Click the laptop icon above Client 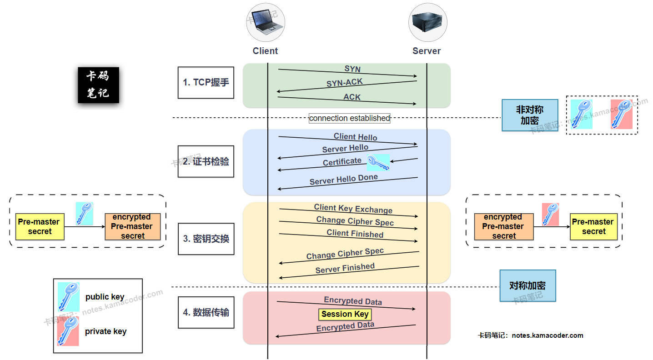[x=266, y=22]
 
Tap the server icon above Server [x=427, y=22]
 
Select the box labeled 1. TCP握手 [x=206, y=82]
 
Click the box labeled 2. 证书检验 [x=206, y=161]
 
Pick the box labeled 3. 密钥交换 [x=206, y=239]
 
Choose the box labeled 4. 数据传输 [x=206, y=312]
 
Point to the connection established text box [x=349, y=118]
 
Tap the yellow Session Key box [x=345, y=314]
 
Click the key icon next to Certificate [x=378, y=162]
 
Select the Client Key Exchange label [x=353, y=209]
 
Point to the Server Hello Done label [x=344, y=180]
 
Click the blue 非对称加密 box [x=530, y=115]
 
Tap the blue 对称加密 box [x=527, y=286]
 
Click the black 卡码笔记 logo [x=98, y=85]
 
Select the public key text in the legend [x=105, y=297]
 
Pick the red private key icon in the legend [x=68, y=331]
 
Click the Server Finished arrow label [x=345, y=268]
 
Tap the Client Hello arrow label [x=355, y=136]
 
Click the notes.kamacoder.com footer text [x=530, y=335]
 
